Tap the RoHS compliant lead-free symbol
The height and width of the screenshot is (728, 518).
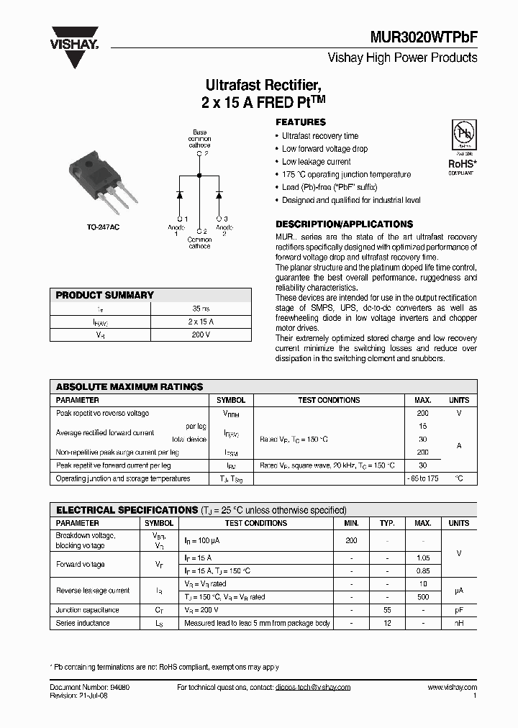point(461,147)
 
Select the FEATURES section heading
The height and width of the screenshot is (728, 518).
point(301,122)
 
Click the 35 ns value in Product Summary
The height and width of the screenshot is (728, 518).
point(201,308)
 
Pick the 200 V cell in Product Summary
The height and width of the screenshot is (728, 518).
point(201,335)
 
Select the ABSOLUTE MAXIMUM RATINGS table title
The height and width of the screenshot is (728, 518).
point(129,387)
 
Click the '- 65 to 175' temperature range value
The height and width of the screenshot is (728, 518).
point(422,478)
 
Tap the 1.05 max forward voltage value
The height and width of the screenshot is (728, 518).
point(422,558)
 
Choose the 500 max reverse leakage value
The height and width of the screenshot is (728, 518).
point(422,596)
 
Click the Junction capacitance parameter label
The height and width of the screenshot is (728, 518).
point(88,610)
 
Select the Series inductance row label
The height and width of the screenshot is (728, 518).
point(83,623)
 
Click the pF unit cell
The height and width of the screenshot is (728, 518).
point(458,610)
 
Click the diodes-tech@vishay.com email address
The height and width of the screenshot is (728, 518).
point(312,688)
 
